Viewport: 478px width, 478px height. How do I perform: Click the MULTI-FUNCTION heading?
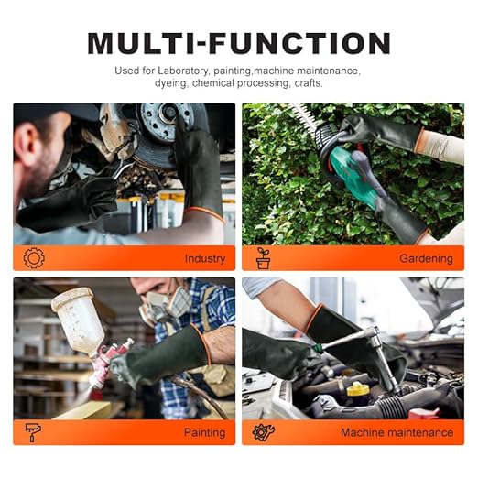click(x=239, y=43)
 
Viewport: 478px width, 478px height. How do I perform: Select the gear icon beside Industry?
click(x=34, y=258)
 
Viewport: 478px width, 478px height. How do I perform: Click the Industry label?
click(x=205, y=259)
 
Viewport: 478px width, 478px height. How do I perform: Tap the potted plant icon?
click(x=263, y=258)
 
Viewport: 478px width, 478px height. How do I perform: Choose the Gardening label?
click(x=426, y=259)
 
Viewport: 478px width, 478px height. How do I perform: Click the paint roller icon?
click(x=33, y=432)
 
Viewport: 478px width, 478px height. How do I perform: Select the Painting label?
click(x=204, y=433)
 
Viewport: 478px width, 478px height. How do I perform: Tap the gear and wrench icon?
click(x=264, y=432)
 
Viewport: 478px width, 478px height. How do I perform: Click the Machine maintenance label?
click(x=397, y=432)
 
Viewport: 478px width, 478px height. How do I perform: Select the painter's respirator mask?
click(x=167, y=305)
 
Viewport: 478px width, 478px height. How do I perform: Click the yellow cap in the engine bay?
click(x=358, y=389)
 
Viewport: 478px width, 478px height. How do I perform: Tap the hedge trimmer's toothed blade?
click(x=305, y=116)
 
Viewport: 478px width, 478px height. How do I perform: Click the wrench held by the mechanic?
click(x=120, y=169)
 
